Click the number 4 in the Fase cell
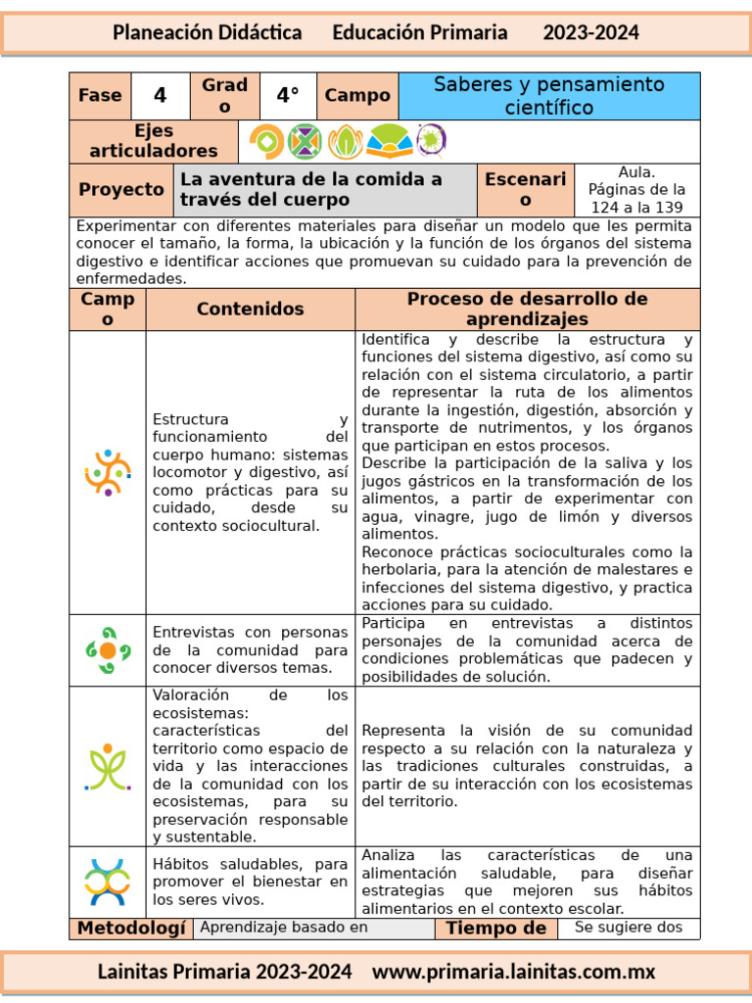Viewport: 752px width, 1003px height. tap(161, 96)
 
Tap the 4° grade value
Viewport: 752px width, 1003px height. tap(287, 96)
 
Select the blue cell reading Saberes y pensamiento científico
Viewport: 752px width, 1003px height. tap(548, 96)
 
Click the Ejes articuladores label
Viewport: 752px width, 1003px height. tap(154, 142)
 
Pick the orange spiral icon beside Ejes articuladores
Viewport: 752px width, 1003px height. tap(265, 142)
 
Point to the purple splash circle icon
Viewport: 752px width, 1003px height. tap(431, 141)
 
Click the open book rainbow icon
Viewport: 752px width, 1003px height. tap(389, 142)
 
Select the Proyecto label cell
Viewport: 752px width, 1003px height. tap(121, 190)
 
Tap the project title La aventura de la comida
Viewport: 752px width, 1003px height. tap(311, 190)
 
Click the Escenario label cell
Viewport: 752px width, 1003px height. tap(525, 190)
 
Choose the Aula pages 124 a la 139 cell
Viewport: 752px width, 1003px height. tap(637, 190)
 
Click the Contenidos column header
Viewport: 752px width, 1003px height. tap(251, 310)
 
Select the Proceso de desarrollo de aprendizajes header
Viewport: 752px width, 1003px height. tap(528, 310)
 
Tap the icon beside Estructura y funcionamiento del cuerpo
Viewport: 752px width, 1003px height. tap(108, 472)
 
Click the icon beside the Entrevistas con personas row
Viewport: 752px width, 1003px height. tap(108, 649)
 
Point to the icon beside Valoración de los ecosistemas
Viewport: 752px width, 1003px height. tap(108, 766)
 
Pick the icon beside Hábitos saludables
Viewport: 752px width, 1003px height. tap(108, 882)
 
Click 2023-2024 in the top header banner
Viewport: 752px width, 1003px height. tap(590, 32)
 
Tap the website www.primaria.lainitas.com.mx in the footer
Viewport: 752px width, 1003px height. tap(514, 973)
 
